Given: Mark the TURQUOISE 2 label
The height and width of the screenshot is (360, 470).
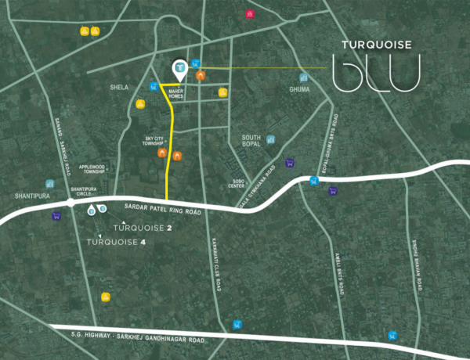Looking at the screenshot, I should [142, 229].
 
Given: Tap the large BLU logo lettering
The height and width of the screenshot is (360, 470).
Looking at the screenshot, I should [376, 72].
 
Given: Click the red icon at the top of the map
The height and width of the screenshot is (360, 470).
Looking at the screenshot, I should [250, 13].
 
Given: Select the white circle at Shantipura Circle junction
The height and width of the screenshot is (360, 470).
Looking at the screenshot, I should [70, 202].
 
